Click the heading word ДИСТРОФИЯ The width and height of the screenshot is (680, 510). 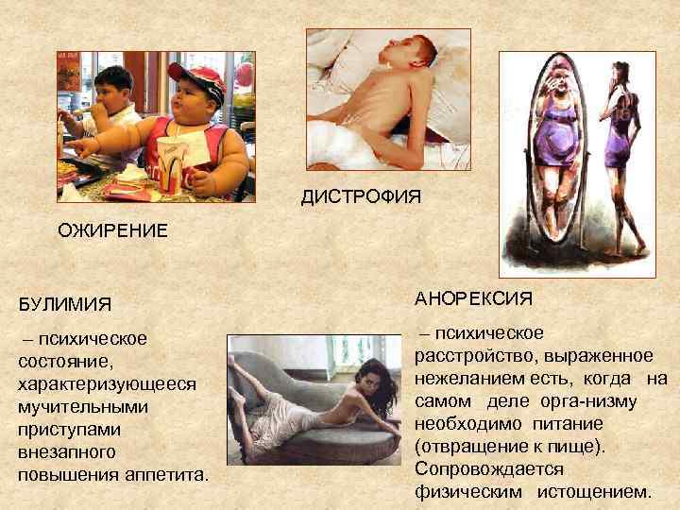click(361, 196)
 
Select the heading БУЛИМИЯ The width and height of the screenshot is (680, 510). click(64, 304)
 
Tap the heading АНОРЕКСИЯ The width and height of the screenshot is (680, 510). click(473, 298)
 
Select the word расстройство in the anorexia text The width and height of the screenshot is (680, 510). click(464, 356)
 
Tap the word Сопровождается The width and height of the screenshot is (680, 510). click(488, 468)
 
